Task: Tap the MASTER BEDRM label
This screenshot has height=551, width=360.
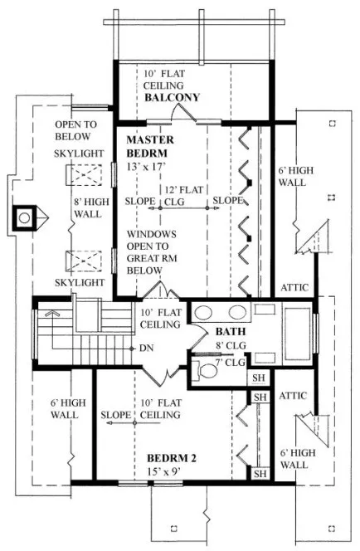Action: pyautogui.click(x=150, y=147)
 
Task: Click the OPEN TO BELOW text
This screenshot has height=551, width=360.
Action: pyautogui.click(x=75, y=129)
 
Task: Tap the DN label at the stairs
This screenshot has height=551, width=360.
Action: pyautogui.click(x=146, y=347)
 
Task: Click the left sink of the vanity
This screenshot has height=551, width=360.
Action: pyautogui.click(x=203, y=313)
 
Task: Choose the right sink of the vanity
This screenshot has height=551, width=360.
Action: pyautogui.click(x=236, y=313)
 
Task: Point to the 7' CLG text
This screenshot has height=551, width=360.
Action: pyautogui.click(x=231, y=362)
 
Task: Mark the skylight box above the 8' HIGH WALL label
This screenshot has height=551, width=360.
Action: pyautogui.click(x=81, y=176)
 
